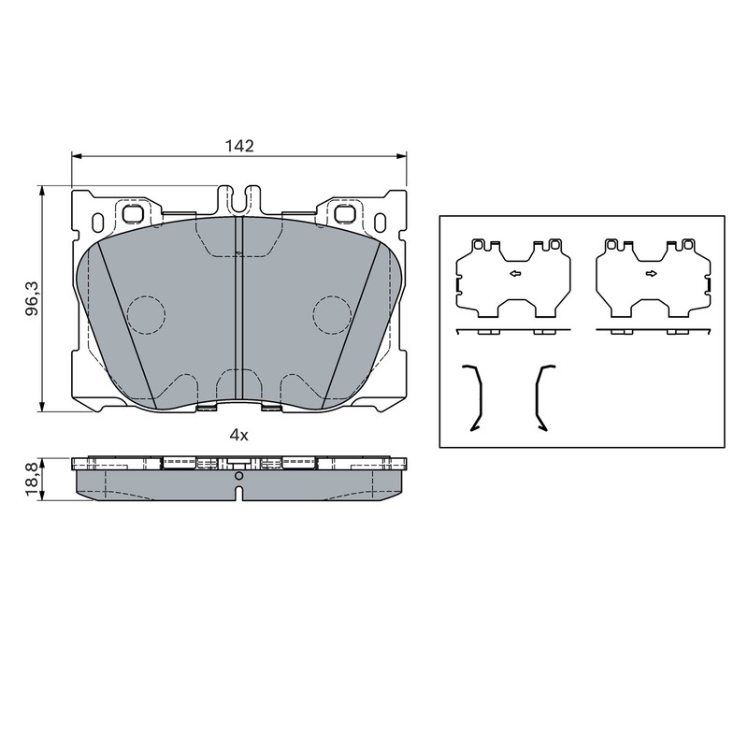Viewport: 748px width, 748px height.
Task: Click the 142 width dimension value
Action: click(239, 146)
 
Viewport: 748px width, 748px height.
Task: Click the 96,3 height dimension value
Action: click(33, 299)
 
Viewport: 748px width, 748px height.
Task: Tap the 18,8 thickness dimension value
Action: click(32, 480)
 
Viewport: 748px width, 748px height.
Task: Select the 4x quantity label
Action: click(239, 435)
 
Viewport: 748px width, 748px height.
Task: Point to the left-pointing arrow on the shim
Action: click(515, 273)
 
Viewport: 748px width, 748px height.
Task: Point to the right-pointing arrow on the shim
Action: click(652, 273)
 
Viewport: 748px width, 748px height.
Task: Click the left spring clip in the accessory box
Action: click(480, 396)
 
